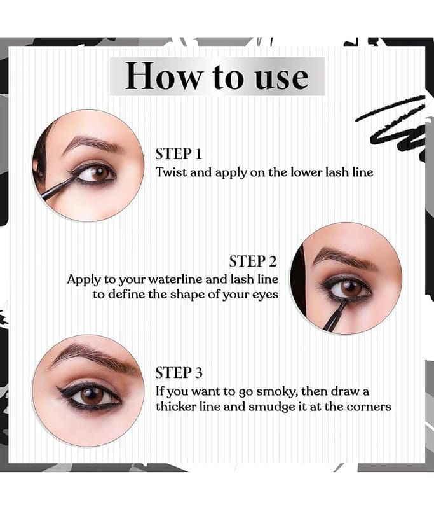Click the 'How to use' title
pos(217,76)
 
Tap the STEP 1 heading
pos(179,154)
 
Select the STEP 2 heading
pos(253,261)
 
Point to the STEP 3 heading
pos(179,373)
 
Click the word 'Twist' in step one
pos(172,172)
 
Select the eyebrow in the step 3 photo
pos(92,358)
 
